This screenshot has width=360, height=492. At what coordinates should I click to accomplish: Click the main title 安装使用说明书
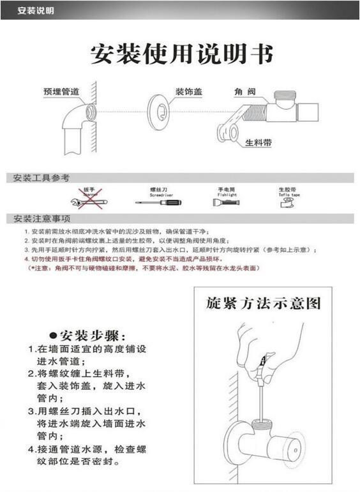[181, 54]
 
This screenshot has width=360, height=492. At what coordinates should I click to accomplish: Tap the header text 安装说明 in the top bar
[35, 11]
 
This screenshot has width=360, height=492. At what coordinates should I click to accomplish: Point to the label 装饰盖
[189, 92]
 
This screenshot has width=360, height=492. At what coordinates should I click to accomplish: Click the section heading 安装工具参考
[41, 178]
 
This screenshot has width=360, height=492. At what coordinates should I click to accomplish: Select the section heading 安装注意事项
[41, 218]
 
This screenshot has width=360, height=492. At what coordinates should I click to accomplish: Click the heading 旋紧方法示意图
[263, 302]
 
